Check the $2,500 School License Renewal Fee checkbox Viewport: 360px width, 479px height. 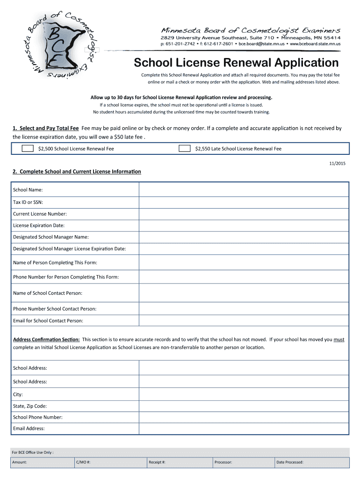tap(28, 149)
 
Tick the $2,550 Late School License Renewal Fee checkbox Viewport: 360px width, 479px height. tap(185, 149)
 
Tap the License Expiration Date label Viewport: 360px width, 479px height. tap(39, 225)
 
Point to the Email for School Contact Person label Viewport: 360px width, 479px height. tap(48, 320)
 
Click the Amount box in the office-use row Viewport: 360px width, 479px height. tap(43, 462)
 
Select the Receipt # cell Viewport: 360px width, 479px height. tap(178, 462)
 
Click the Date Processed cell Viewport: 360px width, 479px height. tap(311, 462)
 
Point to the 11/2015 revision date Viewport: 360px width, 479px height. tap(337, 163)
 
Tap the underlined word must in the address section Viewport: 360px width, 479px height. tap(339, 340)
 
